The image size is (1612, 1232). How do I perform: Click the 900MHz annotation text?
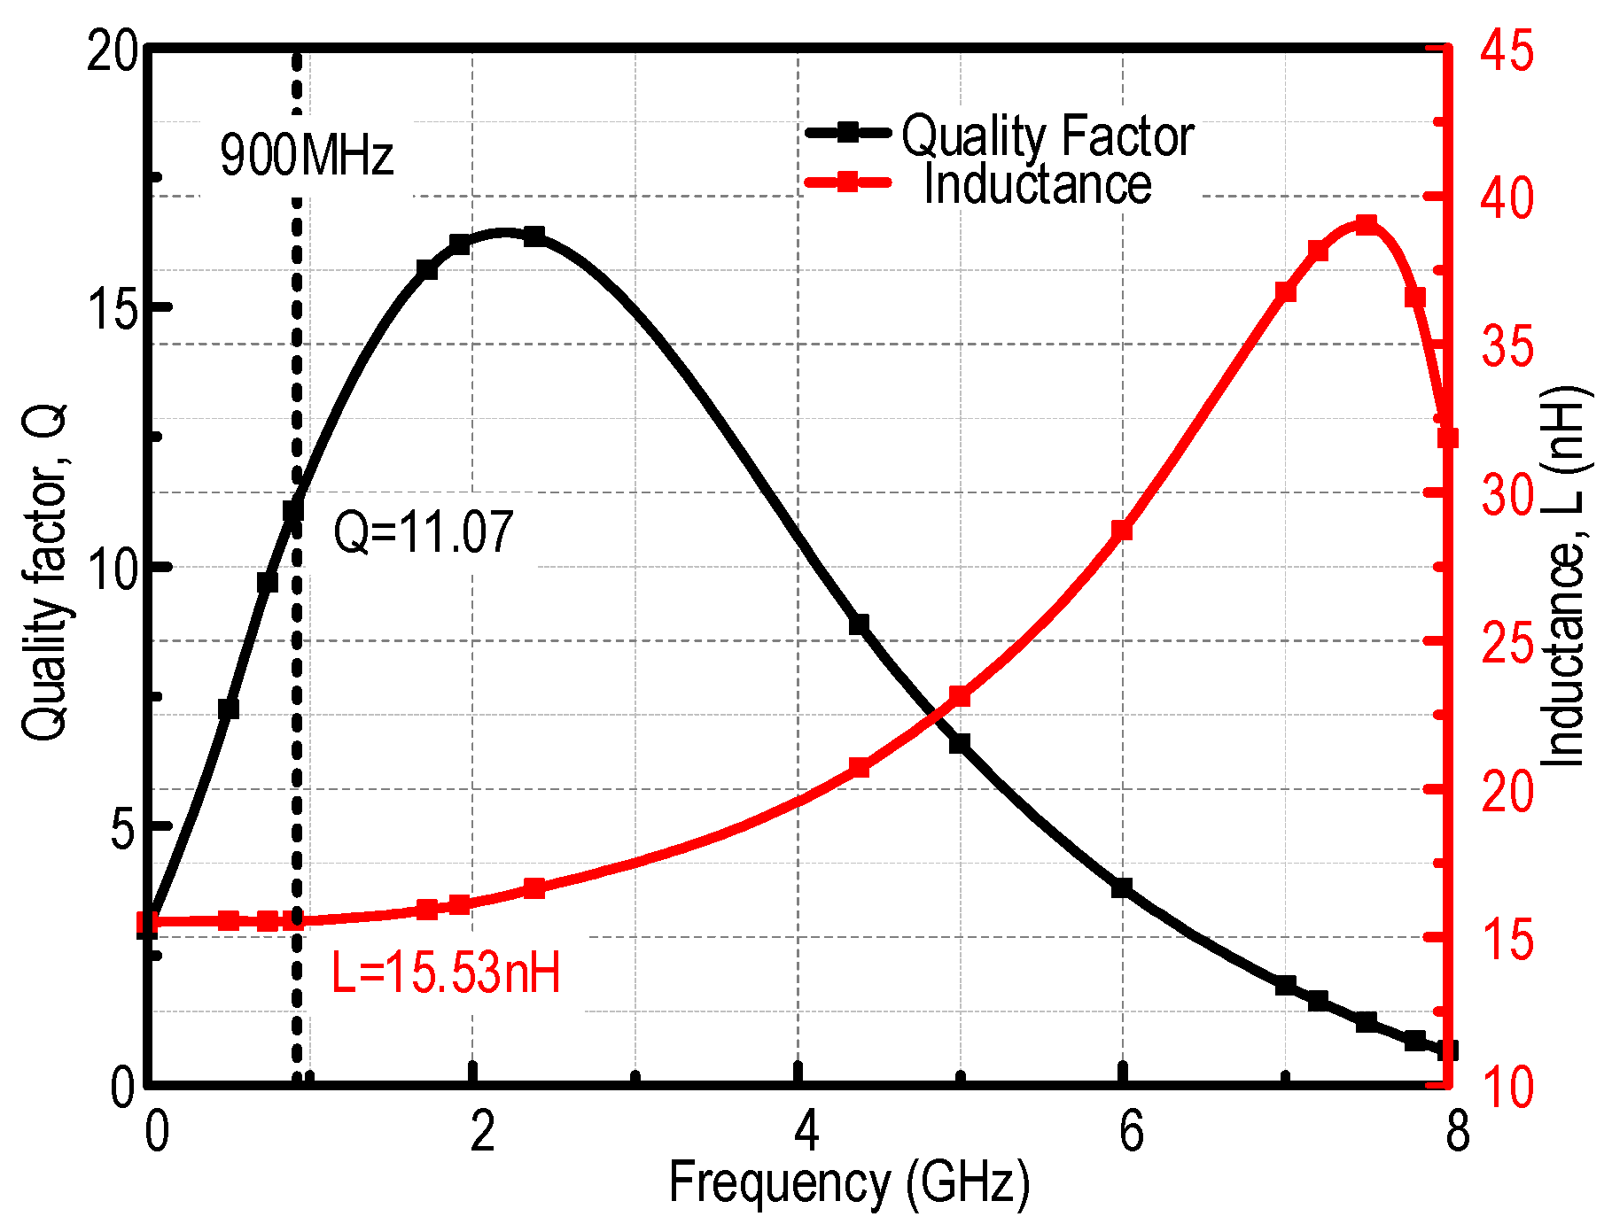pos(307,157)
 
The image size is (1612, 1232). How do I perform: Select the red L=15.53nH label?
pos(446,972)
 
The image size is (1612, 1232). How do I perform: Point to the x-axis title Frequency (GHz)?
pos(849,1183)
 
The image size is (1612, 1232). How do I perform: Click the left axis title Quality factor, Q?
pos(44,572)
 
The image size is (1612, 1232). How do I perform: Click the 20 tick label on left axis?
pos(113,53)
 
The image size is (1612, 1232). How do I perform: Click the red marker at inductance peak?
pos(1367,224)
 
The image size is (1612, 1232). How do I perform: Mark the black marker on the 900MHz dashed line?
pos(293,511)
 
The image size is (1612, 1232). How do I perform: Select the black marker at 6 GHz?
pos(1122,887)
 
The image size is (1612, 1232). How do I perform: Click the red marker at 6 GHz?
pos(1122,531)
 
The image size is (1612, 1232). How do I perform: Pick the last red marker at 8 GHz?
pos(1448,438)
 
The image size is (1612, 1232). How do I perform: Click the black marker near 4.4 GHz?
pos(859,624)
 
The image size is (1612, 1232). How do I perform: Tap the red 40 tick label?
pos(1507,198)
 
